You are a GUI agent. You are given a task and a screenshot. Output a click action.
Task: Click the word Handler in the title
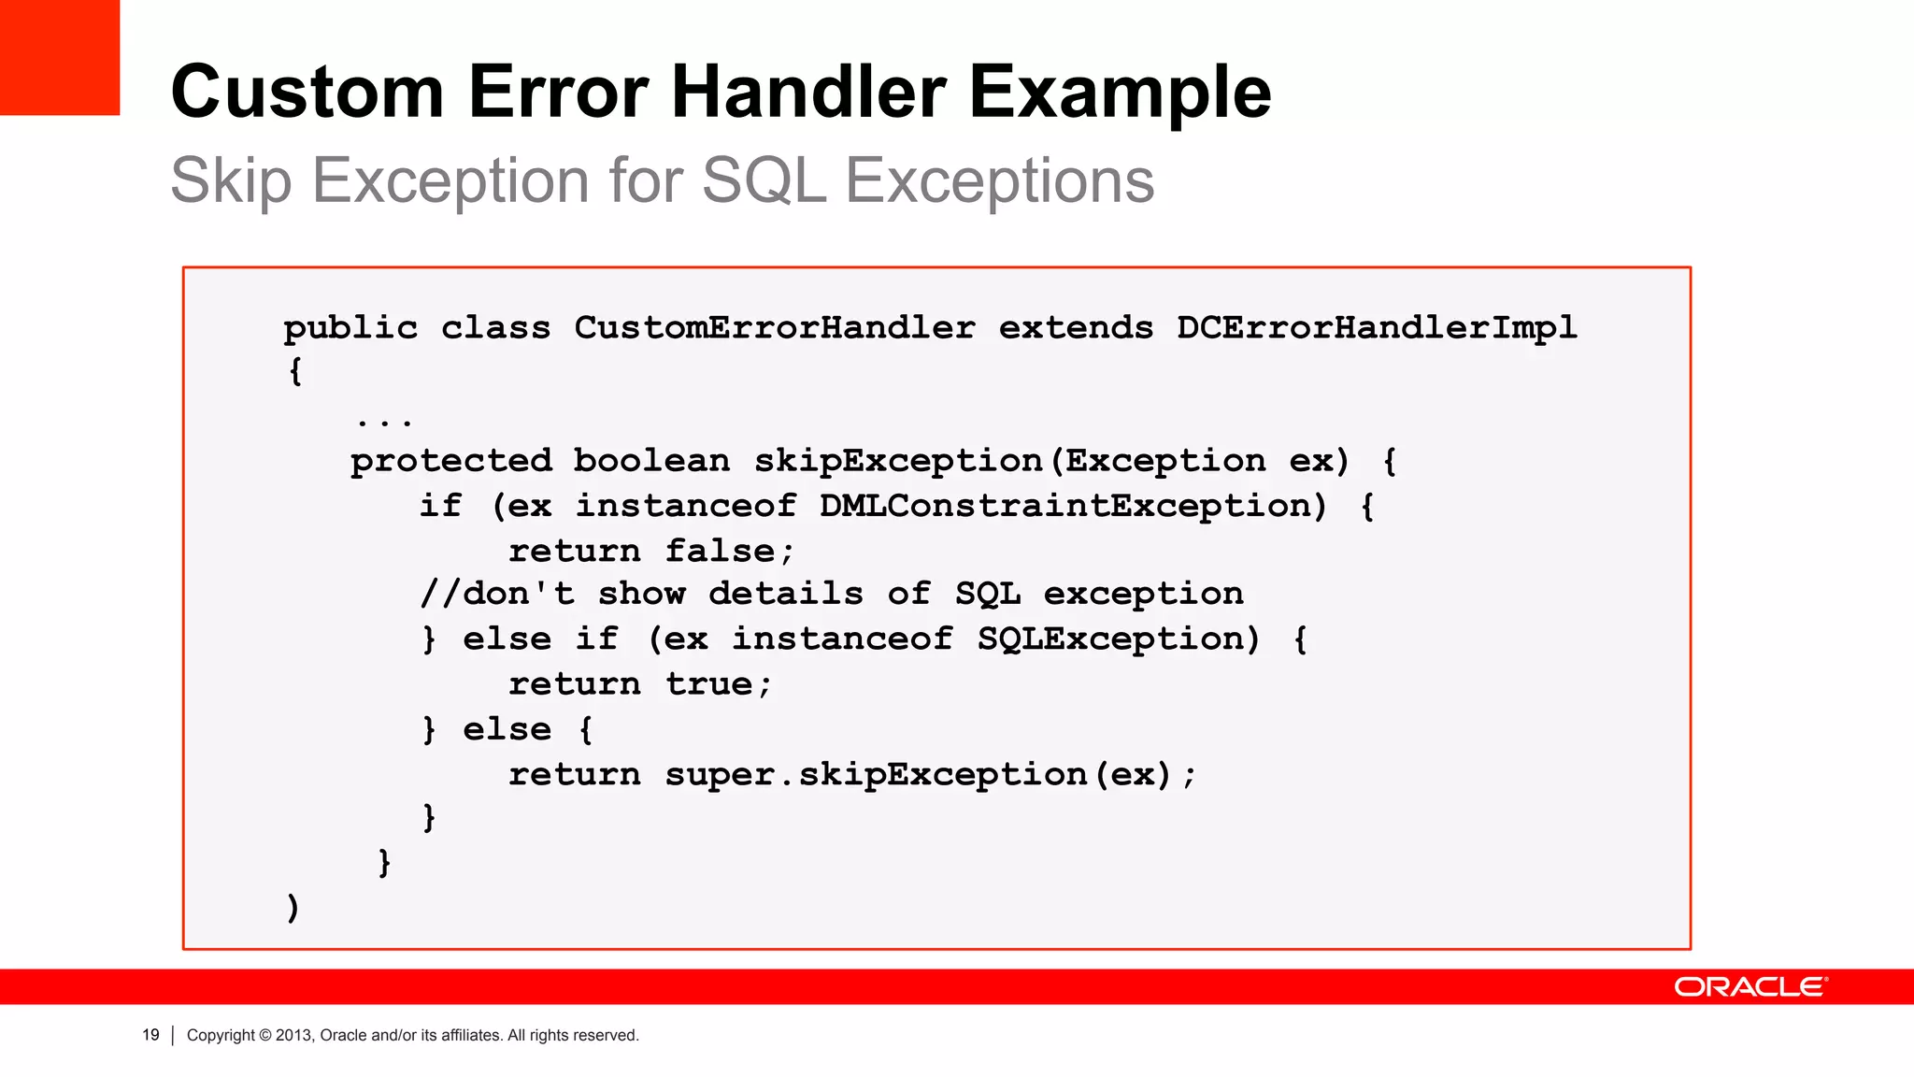(808, 92)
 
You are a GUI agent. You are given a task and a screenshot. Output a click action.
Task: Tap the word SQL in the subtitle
(764, 179)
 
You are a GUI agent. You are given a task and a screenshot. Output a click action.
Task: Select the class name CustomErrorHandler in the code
(774, 328)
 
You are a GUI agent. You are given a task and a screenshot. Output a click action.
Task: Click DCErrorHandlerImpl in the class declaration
(1377, 328)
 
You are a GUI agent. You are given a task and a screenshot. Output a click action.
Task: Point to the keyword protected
(451, 461)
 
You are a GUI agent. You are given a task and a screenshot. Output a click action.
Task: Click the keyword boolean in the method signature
(651, 461)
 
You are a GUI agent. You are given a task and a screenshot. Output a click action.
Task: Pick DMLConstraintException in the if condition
(1073, 506)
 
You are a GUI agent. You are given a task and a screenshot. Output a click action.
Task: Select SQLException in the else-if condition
(1118, 639)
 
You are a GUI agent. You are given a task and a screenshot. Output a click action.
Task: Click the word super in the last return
(720, 774)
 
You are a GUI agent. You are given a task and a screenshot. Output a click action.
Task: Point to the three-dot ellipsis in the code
(384, 423)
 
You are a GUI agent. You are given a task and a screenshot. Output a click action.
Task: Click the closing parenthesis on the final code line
(293, 908)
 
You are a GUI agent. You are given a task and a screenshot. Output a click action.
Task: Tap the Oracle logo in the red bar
(1750, 987)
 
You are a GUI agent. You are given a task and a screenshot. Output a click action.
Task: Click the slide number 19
(150, 1035)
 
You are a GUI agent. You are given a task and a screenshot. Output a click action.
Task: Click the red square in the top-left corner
(60, 57)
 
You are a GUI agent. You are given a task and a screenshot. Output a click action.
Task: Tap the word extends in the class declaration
(1076, 328)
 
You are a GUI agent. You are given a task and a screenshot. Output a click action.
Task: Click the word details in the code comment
(785, 594)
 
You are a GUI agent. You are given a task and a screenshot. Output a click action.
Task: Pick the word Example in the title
(1120, 92)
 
